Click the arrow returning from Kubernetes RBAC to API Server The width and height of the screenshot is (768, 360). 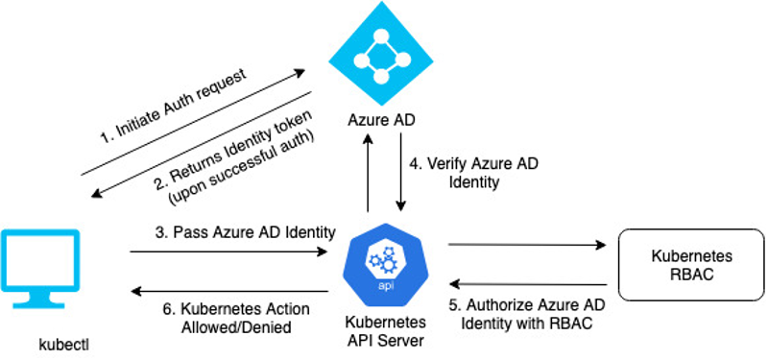point(528,284)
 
